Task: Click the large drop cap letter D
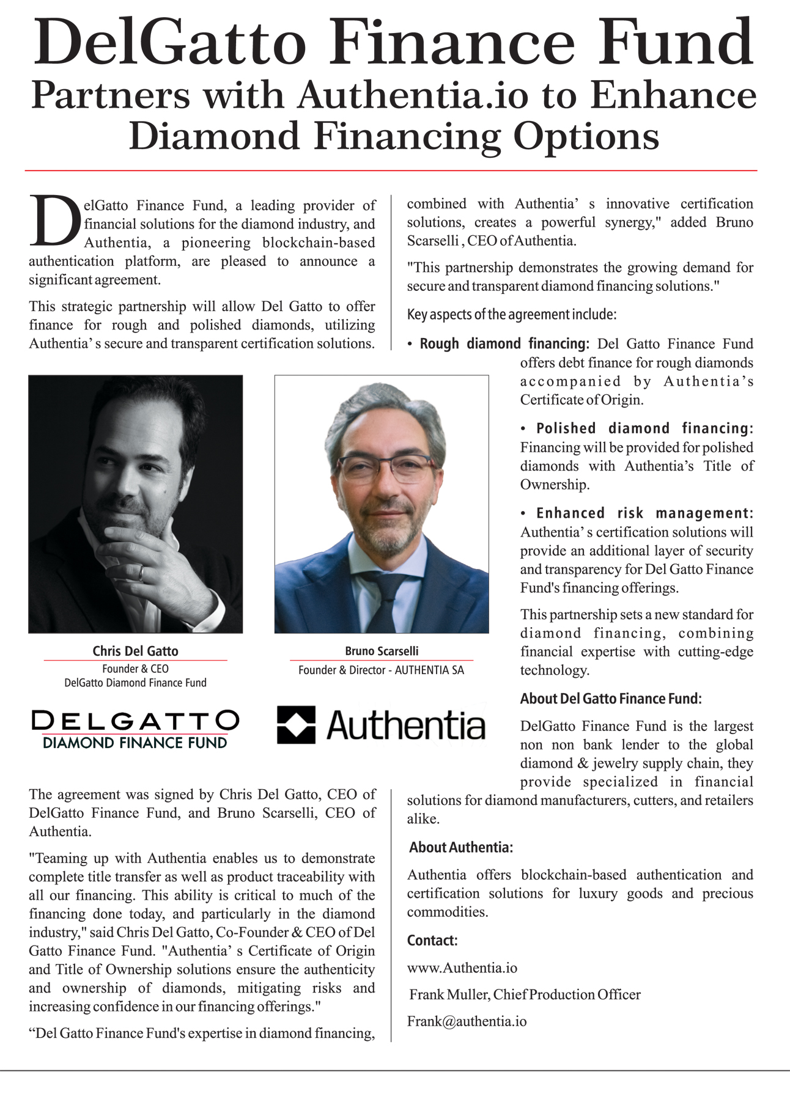(55, 221)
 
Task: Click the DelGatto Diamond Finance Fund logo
(135, 729)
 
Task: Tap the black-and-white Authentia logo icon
(297, 725)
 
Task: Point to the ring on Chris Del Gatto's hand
(141, 573)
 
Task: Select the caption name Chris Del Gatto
(135, 651)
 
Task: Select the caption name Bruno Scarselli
(382, 651)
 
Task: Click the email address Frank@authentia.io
(467, 1021)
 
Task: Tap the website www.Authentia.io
(462, 968)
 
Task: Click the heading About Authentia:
(461, 847)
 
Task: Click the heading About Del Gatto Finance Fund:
(611, 699)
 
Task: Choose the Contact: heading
(432, 940)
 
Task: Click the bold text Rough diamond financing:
(504, 343)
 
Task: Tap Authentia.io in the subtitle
(414, 96)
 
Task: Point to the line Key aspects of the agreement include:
(512, 315)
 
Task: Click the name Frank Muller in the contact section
(449, 994)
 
